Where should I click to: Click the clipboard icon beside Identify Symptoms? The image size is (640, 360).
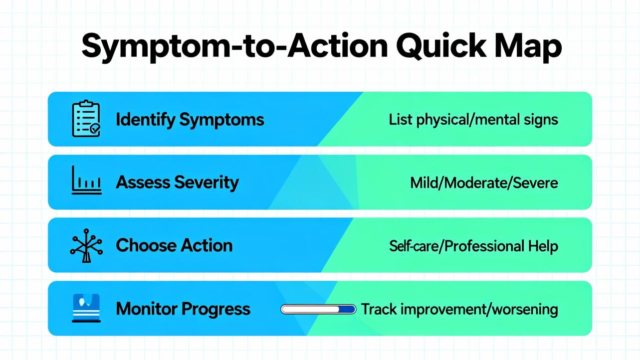pyautogui.click(x=86, y=119)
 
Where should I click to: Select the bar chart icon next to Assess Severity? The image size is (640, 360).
pyautogui.click(x=87, y=180)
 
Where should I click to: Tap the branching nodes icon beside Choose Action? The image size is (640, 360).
pyautogui.click(x=86, y=245)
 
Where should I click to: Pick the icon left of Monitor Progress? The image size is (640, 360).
pyautogui.click(x=86, y=308)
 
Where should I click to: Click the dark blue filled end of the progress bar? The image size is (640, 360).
pyautogui.click(x=347, y=309)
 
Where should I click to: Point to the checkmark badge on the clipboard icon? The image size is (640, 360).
pyautogui.click(x=95, y=129)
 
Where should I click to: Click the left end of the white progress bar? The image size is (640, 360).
pyautogui.click(x=281, y=309)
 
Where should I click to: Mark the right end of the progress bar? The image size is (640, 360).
pyautogui.click(x=356, y=309)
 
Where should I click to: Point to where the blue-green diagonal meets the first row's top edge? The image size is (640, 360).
pyautogui.click(x=363, y=92)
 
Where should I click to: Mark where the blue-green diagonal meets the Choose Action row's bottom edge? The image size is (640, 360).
pyautogui.click(x=321, y=272)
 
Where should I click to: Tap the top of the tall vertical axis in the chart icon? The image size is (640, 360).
pyautogui.click(x=73, y=166)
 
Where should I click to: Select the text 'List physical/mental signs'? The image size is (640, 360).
pyautogui.click(x=473, y=119)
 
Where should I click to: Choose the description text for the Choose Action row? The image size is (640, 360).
pyautogui.click(x=473, y=246)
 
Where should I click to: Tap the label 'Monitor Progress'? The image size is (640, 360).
pyautogui.click(x=183, y=309)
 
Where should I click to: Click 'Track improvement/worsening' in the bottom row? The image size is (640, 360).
pyautogui.click(x=459, y=310)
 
